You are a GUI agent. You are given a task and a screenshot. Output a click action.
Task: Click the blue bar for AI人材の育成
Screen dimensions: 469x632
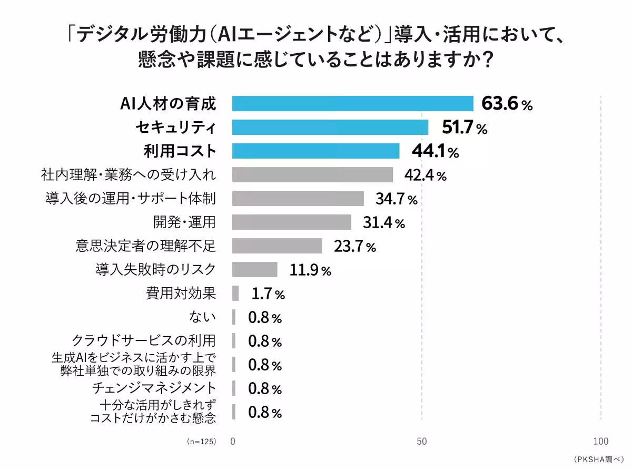click(353, 103)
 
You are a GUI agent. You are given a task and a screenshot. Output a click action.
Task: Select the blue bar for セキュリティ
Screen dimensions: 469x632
click(330, 127)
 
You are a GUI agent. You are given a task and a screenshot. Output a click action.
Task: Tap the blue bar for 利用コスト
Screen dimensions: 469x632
click(316, 151)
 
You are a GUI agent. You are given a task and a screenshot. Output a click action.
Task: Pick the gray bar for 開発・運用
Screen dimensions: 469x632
click(292, 222)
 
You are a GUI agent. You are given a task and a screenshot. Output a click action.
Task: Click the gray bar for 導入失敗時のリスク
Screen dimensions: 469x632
click(255, 269)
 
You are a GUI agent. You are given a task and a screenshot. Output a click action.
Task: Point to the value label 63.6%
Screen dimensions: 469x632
click(507, 104)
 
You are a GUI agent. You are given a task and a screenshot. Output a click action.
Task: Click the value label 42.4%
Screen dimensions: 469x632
click(426, 175)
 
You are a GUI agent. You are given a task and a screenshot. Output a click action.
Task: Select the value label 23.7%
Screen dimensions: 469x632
click(355, 246)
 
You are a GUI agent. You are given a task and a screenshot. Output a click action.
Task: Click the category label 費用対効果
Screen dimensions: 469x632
click(181, 293)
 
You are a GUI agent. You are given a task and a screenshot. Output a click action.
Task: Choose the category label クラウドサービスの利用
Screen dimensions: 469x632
click(144, 340)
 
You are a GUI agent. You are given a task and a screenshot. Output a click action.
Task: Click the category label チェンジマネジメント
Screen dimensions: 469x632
click(154, 388)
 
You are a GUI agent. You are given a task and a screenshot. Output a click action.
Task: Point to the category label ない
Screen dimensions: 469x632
click(202, 317)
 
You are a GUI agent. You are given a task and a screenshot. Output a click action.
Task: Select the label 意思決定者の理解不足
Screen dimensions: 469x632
click(146, 246)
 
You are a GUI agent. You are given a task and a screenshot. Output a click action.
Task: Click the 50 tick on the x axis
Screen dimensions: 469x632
click(422, 442)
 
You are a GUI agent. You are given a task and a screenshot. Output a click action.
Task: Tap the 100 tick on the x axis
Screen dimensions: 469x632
click(601, 442)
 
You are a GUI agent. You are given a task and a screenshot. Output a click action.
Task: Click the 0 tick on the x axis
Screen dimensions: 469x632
click(232, 442)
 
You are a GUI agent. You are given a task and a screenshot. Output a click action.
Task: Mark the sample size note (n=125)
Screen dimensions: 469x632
click(202, 442)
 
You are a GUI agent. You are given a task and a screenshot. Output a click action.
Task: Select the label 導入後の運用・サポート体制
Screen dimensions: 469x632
click(131, 198)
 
